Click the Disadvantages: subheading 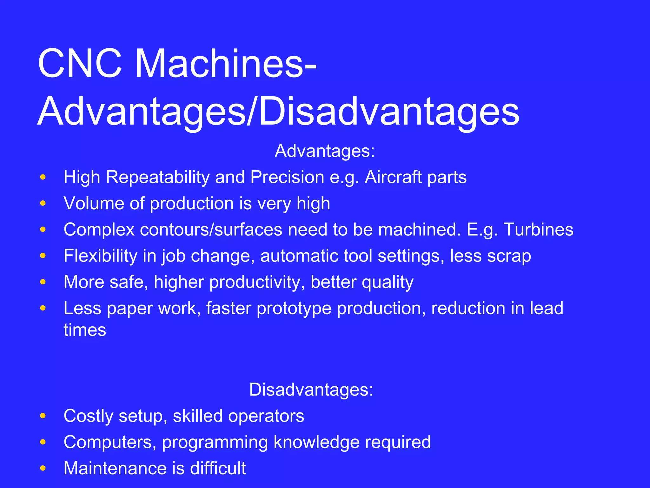tap(311, 390)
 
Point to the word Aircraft tap(393, 177)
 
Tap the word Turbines tap(538, 229)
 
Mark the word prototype tap(294, 308)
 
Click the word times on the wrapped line tap(85, 330)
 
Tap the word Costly tap(88, 416)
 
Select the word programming tap(215, 442)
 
